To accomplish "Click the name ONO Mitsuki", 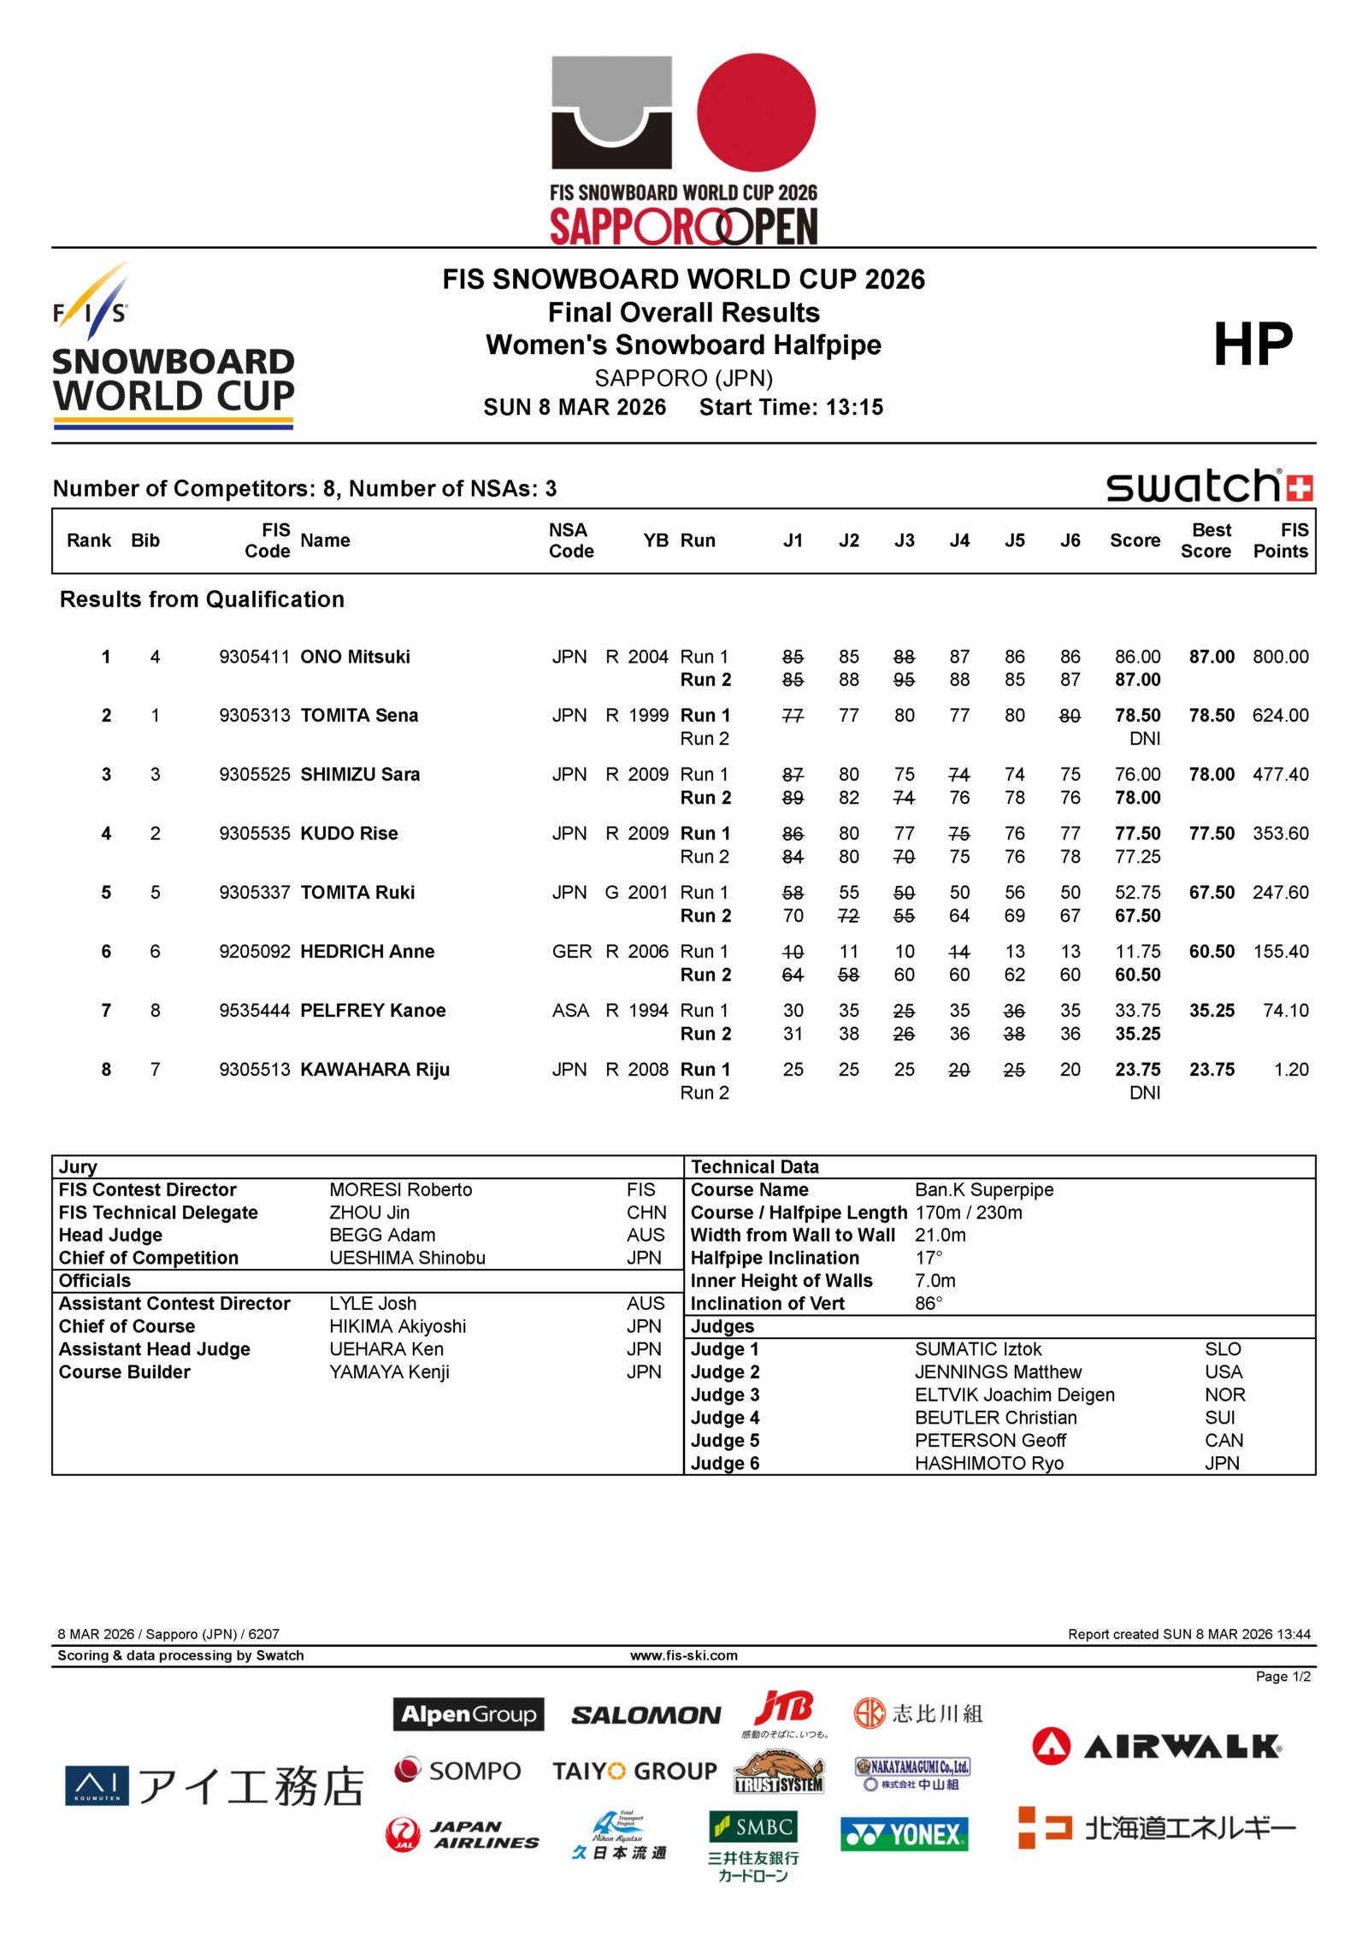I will pos(355,657).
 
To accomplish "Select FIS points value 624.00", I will pos(1280,716).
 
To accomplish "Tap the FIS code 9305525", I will pos(254,775).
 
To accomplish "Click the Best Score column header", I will pos(1206,540).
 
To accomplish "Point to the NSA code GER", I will pos(571,952).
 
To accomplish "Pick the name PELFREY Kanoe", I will pos(373,1011).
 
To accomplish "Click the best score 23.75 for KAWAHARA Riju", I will pos(1212,1070).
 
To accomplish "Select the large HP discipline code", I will pos(1253,345).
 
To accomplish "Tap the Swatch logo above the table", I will pos(1209,487).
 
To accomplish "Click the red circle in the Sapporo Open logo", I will pos(756,113).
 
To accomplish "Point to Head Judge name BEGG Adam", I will pos(382,1235).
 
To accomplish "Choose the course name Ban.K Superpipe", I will pos(984,1189).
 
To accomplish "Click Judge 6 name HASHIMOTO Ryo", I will pos(989,1463).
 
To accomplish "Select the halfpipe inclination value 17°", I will pos(929,1258).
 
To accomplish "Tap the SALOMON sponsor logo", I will pos(646,1715).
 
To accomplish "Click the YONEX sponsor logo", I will pos(904,1834).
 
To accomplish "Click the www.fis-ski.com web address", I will pos(684,1655).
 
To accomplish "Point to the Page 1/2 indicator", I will pos(1282,1677).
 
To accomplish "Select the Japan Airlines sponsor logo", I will pos(463,1834).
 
